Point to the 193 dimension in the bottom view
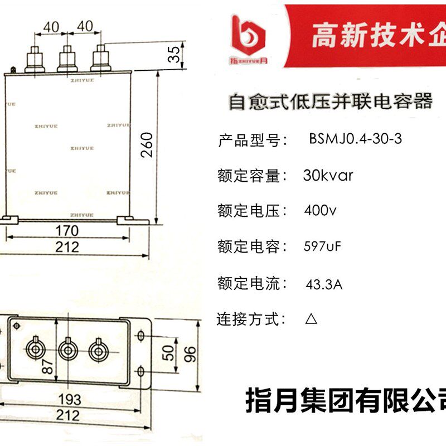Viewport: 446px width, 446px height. [69, 399]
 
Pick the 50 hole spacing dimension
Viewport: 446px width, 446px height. [167, 353]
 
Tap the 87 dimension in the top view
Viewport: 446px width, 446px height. [49, 366]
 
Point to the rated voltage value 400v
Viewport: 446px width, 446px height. [320, 211]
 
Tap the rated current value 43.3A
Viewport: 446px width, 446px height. [323, 284]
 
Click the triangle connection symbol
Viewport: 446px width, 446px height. [311, 319]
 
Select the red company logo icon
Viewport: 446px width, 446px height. [248, 35]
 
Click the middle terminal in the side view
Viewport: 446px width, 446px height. [68, 58]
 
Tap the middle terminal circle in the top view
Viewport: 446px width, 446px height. [68, 350]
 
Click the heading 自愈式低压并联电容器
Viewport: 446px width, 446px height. [331, 103]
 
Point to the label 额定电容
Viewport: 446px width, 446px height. [253, 247]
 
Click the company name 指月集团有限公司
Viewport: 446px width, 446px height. [346, 400]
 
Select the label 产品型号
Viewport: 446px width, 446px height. [253, 140]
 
